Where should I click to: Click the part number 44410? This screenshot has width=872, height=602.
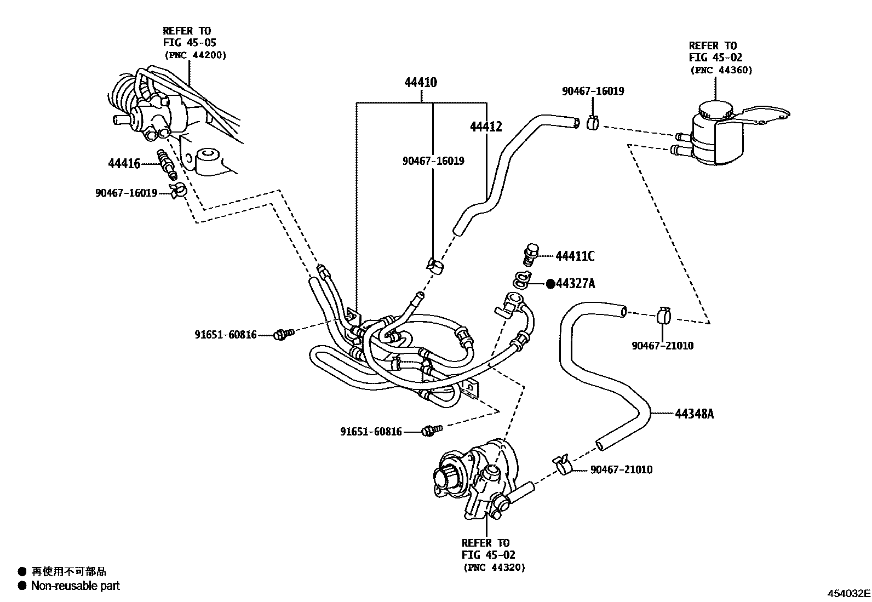pos(420,83)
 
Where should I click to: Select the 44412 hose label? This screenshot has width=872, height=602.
pos(485,127)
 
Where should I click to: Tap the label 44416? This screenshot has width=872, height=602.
pos(124,163)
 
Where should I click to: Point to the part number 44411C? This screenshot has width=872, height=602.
pos(575,256)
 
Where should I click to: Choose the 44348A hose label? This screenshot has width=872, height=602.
pos(694,414)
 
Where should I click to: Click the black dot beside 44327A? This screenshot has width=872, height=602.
pos(550,283)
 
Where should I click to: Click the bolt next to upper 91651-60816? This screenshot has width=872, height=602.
pos(283,333)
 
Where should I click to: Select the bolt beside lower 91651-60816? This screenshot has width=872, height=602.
pos(429,431)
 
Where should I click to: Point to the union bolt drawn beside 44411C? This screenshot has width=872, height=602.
pos(530,255)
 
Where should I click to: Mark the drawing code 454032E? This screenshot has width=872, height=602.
pos(848,593)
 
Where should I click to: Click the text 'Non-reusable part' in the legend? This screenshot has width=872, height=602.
pos(75,586)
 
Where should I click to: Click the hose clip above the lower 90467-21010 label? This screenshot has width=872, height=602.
pos(563,464)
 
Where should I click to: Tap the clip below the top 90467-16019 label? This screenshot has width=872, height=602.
pos(592,123)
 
